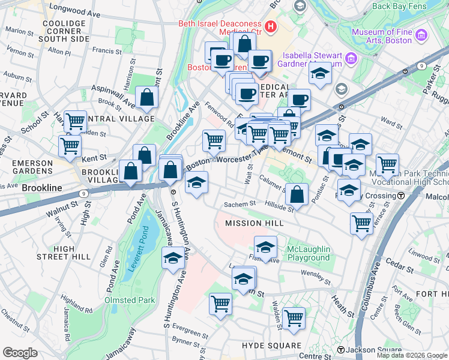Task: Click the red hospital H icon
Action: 271,26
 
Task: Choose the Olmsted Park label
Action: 130,300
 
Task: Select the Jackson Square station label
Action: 373,350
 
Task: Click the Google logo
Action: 20,353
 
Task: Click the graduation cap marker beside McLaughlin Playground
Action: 265,246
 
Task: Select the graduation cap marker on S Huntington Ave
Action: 173,258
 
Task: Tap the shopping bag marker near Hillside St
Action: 297,194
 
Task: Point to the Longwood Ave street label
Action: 68,8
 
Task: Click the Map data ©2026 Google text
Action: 412,355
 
